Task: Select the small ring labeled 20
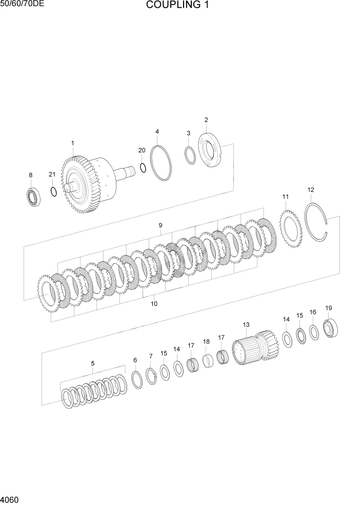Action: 143,168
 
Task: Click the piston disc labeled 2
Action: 210,149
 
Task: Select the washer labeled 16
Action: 313,332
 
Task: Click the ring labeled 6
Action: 137,380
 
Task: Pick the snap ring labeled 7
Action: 151,376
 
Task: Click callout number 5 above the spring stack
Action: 92,363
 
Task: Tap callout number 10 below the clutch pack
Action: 154,304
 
